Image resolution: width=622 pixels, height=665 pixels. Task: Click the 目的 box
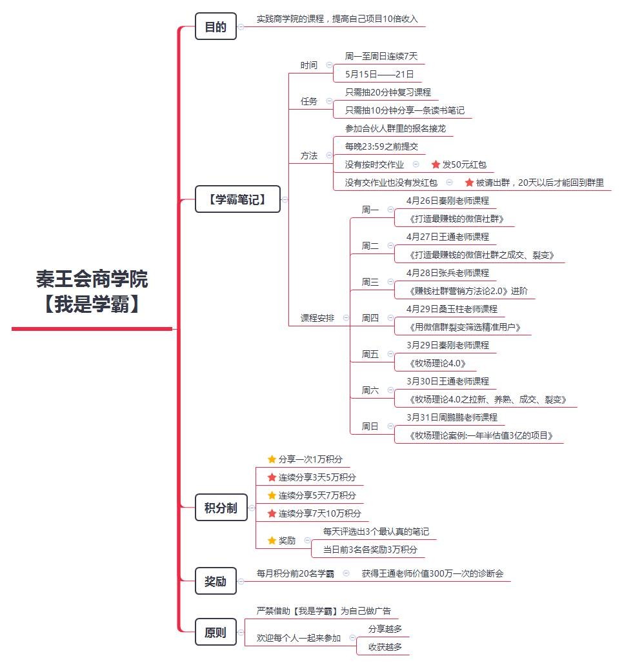pos(216,26)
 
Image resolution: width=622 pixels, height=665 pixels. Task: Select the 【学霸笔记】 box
pos(237,199)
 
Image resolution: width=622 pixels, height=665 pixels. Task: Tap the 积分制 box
pos(221,507)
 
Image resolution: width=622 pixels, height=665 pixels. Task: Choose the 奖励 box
pos(216,581)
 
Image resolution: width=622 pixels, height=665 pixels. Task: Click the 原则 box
pos(216,632)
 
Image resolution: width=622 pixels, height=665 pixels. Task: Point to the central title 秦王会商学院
pos(92,279)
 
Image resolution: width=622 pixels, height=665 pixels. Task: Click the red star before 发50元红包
pos(436,164)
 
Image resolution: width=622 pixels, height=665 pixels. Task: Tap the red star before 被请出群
pos(469,183)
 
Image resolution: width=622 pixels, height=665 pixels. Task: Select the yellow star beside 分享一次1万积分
pos(272,459)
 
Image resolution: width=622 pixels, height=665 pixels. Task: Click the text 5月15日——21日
pos(379,74)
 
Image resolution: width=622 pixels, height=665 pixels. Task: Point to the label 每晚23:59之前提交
pos(381,146)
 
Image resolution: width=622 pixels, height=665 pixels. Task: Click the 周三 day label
pos(370,282)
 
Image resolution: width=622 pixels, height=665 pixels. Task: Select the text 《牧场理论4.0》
pos(437,363)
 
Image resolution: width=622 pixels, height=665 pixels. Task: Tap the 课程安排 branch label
pos(317,318)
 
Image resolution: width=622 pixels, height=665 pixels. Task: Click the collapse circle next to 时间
pos(329,65)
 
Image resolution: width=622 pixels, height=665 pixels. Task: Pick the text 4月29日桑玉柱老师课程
pos(452,309)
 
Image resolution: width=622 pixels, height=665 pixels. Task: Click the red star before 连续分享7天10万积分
pos(272,513)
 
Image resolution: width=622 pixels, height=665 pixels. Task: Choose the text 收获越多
pos(385,647)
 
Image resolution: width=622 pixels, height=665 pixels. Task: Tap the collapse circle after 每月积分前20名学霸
pos(346,573)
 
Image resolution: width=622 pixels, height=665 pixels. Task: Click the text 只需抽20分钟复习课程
pos(388,92)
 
